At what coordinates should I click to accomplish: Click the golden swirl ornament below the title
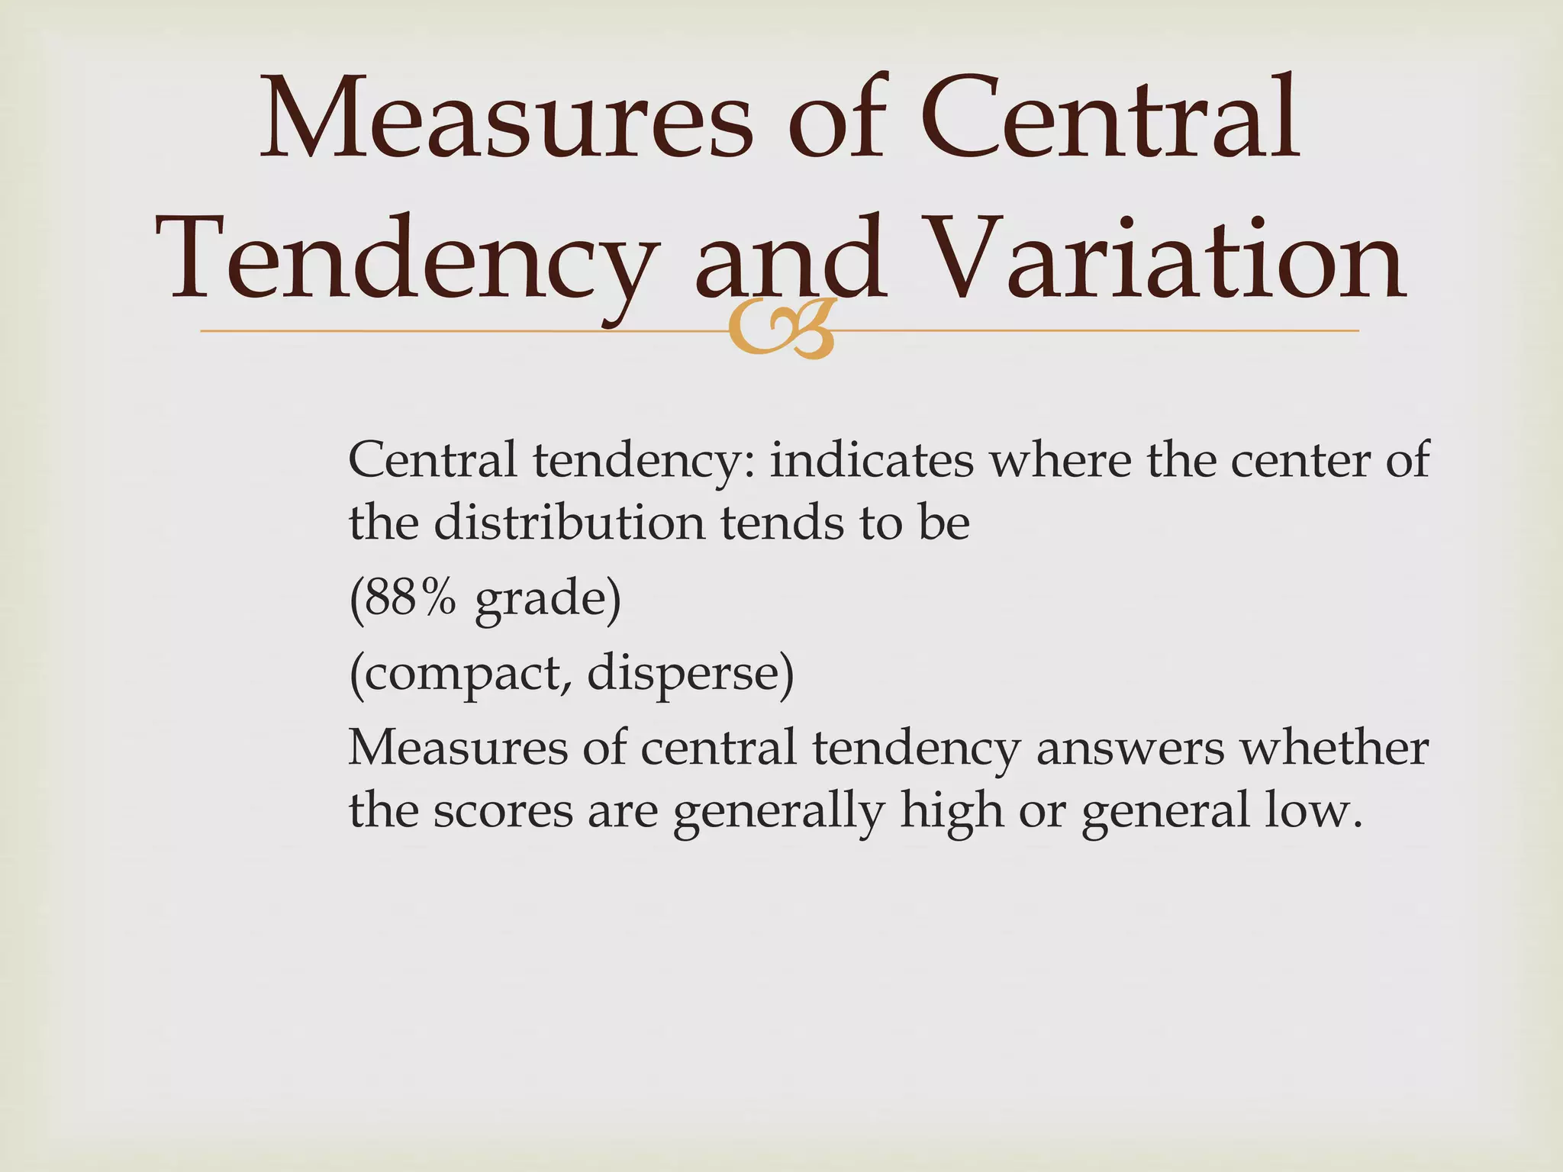pyautogui.click(x=779, y=330)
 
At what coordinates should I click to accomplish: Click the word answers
pyautogui.click(x=1130, y=747)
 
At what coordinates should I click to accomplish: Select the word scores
pyautogui.click(x=503, y=810)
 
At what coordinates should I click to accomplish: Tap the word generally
pyautogui.click(x=778, y=810)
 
